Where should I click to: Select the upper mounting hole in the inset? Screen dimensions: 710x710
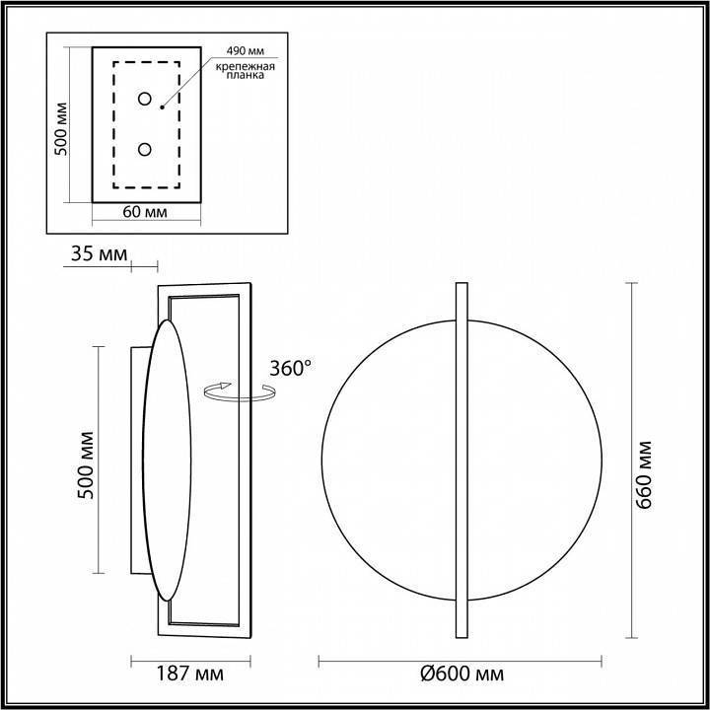pos(145,99)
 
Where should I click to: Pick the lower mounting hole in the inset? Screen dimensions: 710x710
pos(145,149)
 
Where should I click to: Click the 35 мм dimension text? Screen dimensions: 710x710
pos(99,254)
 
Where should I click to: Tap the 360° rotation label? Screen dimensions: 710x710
pos(290,368)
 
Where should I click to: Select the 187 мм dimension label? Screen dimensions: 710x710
pos(190,674)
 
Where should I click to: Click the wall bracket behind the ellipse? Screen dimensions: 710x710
pos(134,459)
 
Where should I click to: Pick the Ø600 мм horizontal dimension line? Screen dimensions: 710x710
pos(461,659)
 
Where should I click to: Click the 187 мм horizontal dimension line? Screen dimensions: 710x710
pos(189,659)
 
